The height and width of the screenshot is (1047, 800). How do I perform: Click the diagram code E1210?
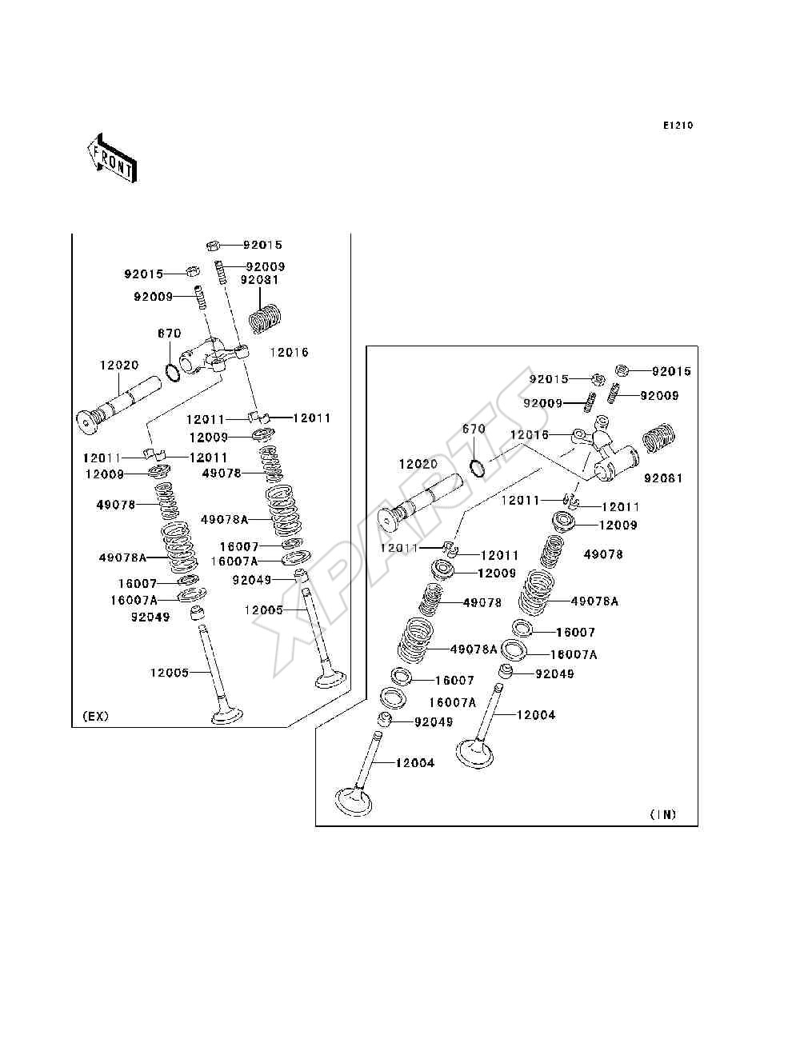678,126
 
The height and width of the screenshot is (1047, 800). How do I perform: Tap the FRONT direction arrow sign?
113,158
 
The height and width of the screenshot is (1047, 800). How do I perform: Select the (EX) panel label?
95,716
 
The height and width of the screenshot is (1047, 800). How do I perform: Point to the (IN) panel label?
663,814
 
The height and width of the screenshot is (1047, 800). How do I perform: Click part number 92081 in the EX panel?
259,279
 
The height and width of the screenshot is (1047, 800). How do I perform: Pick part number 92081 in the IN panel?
663,478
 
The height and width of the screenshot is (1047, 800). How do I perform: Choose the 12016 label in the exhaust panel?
289,352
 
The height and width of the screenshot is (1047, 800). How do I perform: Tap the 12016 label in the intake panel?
530,434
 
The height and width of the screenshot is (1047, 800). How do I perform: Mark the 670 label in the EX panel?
170,333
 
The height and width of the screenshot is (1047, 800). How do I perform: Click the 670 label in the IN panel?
474,429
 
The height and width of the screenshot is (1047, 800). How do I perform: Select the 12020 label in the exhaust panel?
119,365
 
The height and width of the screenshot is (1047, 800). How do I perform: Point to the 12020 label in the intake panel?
418,464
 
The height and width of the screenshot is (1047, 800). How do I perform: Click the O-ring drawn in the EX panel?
172,373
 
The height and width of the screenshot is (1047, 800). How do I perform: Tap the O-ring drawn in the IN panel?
478,468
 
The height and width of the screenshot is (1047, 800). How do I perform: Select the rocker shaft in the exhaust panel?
118,406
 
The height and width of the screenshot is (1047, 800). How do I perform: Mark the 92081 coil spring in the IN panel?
659,438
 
